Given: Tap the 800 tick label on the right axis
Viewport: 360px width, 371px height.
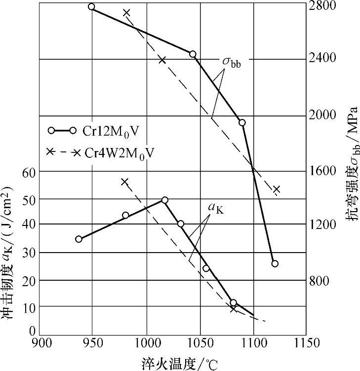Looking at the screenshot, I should (323, 281).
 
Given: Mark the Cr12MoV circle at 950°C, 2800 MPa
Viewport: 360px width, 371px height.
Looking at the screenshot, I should (91, 7).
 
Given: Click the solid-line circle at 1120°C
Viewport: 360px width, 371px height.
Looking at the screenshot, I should (275, 263).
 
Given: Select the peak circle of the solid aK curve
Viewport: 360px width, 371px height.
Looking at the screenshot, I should (164, 200).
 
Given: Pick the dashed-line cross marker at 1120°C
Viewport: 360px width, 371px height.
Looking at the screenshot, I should (277, 189).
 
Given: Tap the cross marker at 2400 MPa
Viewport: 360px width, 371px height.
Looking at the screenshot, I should (162, 60).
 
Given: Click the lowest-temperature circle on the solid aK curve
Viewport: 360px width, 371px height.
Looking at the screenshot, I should (79, 239).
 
